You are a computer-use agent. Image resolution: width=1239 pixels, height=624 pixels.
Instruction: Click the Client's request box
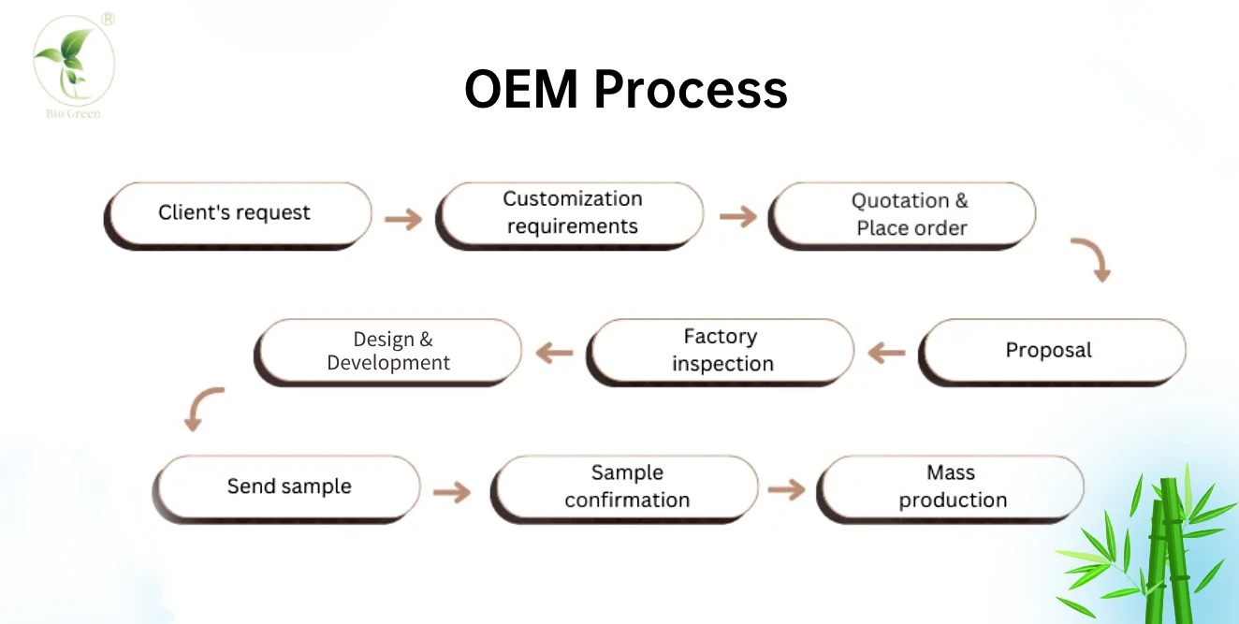(238, 216)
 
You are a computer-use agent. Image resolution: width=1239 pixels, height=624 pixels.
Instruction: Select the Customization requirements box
(569, 216)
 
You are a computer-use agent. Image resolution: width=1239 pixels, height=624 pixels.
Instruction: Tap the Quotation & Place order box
(901, 216)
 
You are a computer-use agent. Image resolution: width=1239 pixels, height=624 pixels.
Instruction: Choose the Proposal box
(1052, 353)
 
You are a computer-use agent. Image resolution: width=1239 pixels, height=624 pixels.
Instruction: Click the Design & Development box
(387, 353)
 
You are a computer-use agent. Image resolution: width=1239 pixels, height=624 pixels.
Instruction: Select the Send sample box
(286, 489)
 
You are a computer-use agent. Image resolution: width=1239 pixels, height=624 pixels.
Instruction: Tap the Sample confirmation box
(624, 489)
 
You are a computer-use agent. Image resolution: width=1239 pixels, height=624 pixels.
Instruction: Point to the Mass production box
(950, 489)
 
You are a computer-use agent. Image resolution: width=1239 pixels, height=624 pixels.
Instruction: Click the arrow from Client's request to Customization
(403, 219)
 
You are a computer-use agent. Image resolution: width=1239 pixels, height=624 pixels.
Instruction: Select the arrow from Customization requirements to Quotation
(737, 216)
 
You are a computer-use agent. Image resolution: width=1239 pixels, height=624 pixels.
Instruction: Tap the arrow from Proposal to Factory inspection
(886, 353)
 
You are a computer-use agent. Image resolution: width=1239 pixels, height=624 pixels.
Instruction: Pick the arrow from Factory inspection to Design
(554, 353)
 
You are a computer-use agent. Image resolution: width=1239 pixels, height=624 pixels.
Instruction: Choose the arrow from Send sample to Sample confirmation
(452, 492)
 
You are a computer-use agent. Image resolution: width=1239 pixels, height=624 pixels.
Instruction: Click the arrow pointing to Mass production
(787, 489)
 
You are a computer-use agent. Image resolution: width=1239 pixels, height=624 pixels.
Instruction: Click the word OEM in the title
(521, 89)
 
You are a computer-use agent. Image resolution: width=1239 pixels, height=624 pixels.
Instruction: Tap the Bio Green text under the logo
(74, 114)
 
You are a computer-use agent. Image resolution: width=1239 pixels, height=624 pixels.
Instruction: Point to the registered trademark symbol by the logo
(108, 20)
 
